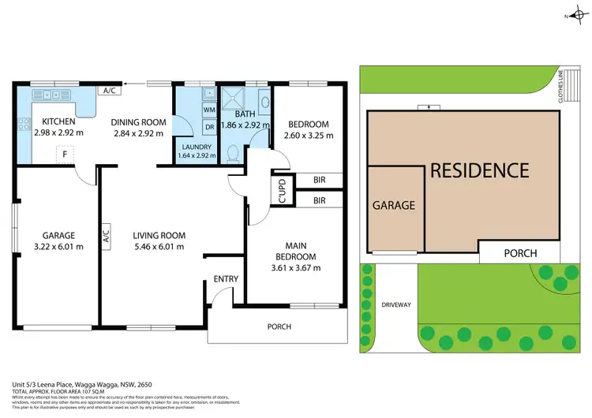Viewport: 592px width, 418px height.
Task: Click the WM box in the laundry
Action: point(210,110)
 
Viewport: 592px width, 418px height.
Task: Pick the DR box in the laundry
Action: point(210,126)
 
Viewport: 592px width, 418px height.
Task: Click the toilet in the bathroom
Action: point(230,154)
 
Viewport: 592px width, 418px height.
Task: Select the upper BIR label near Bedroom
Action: point(319,181)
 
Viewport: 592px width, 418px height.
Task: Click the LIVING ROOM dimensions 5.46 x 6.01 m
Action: point(159,246)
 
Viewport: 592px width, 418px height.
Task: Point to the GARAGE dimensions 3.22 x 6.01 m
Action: point(58,246)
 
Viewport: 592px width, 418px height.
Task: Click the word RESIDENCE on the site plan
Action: point(478,170)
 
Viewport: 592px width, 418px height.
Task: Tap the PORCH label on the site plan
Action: point(519,253)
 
